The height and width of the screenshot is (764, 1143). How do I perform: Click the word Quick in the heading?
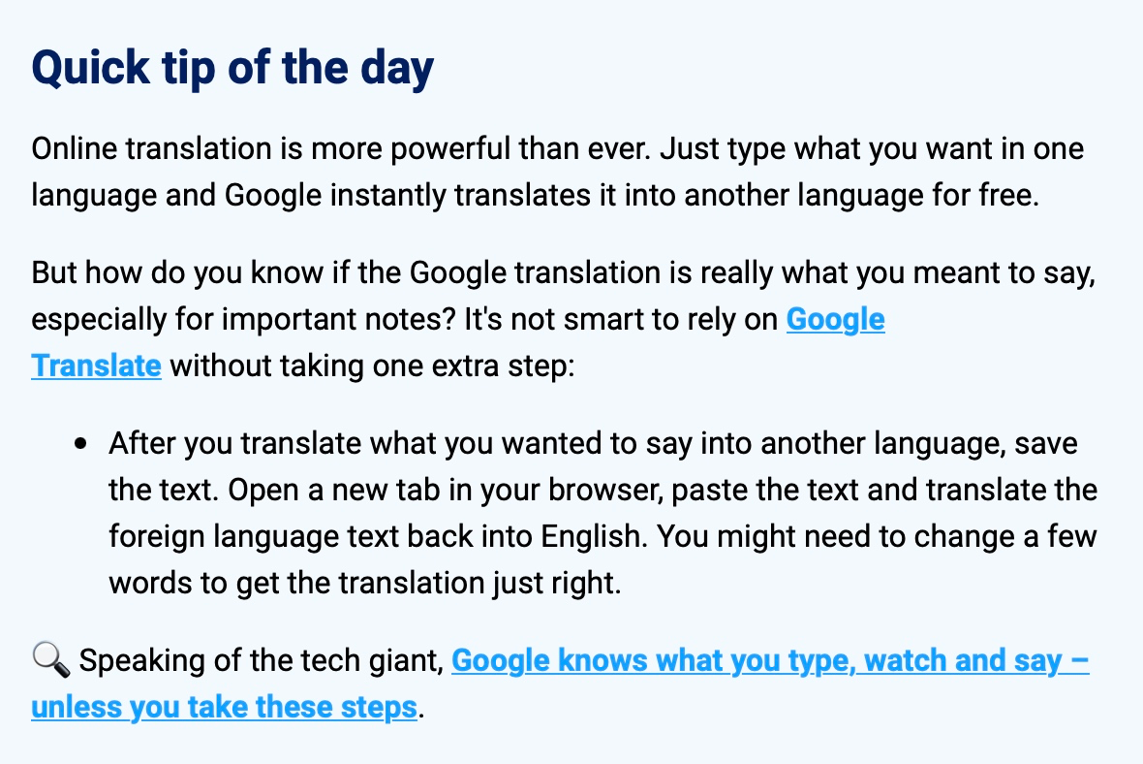coord(90,69)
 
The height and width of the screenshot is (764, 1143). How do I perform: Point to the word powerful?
coord(449,150)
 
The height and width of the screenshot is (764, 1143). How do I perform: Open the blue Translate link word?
coord(96,366)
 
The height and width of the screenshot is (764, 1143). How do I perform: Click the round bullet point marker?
coord(81,444)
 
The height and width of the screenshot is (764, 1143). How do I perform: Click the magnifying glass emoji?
coord(51,659)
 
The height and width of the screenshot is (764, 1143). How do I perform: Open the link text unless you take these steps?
coord(224,708)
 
